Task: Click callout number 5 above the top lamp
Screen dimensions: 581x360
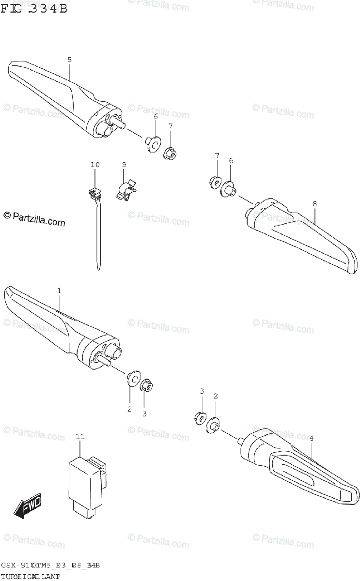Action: [69, 60]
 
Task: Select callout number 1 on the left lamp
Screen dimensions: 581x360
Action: [59, 290]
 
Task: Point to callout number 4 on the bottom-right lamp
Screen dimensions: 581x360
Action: [311, 438]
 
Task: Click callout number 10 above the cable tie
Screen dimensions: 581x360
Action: [94, 165]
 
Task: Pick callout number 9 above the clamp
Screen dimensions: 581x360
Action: [124, 165]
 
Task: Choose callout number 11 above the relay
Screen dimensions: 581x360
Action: [80, 437]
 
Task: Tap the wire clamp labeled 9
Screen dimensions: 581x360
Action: [127, 190]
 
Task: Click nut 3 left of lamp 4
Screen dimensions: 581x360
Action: [199, 417]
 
